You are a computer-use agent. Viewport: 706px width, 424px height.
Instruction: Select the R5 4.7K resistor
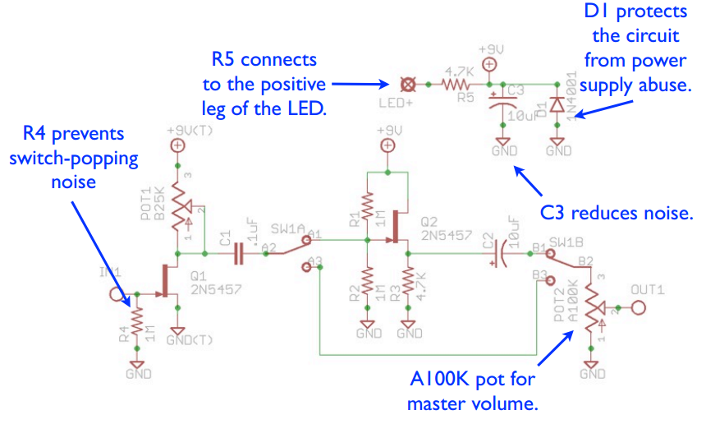coord(456,84)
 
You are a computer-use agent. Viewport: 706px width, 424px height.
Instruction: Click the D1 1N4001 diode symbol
coord(558,104)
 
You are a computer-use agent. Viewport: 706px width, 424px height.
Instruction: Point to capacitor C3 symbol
coord(503,105)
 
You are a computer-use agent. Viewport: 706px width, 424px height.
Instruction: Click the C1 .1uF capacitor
coord(239,255)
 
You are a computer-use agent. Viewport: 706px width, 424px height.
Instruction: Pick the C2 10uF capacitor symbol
coord(497,255)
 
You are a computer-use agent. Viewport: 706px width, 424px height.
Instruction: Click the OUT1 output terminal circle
coord(639,307)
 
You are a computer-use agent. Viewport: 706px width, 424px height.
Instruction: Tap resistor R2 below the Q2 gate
coord(368,283)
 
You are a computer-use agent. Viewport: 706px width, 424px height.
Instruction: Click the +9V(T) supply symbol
coord(176,145)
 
